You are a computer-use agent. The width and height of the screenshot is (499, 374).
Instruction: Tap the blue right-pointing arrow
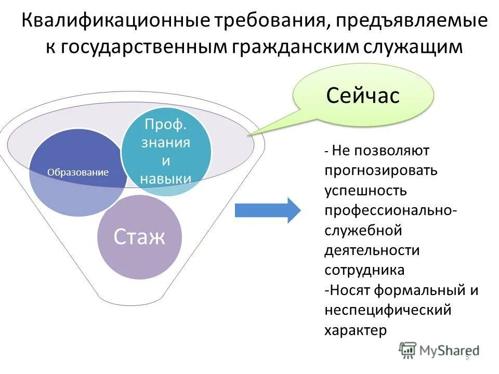click(x=267, y=210)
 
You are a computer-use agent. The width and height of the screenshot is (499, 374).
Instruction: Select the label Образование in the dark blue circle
click(x=78, y=172)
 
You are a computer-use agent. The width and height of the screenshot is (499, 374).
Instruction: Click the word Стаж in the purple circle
click(x=139, y=237)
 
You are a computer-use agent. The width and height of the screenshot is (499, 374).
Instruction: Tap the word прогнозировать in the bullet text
click(x=381, y=170)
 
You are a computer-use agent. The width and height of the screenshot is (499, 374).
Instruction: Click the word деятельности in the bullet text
click(x=372, y=250)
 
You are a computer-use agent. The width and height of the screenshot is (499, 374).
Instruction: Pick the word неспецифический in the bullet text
click(x=387, y=310)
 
